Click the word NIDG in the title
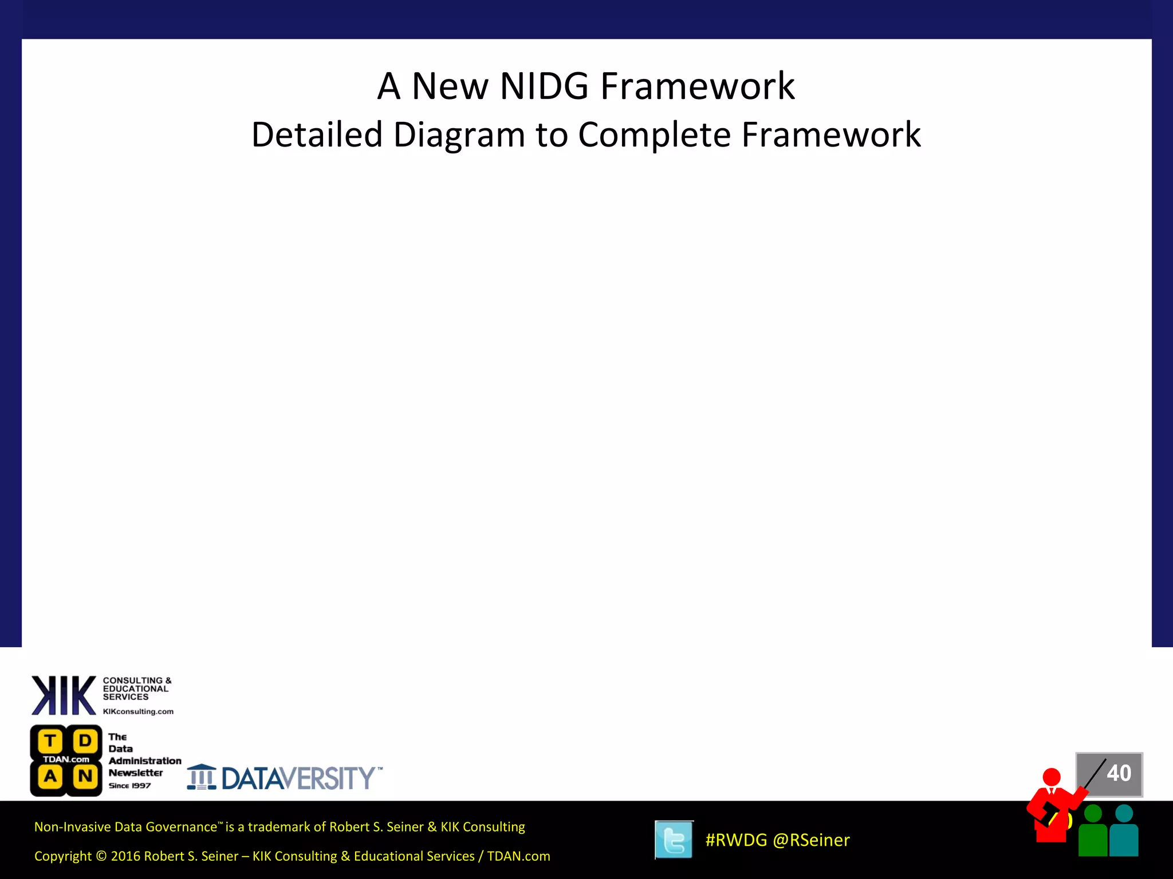(x=544, y=87)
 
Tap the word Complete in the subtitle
(x=654, y=135)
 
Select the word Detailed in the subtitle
(x=317, y=135)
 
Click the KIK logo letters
(x=63, y=695)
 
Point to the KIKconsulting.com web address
(x=138, y=712)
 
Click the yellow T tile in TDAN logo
(x=50, y=741)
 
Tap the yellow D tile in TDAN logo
(x=85, y=741)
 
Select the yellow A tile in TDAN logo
(x=50, y=777)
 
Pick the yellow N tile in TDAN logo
(x=85, y=777)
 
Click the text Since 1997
(x=130, y=786)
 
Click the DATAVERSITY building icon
(x=202, y=777)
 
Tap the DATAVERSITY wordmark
(x=299, y=778)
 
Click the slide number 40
(x=1119, y=774)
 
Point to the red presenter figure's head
(x=1052, y=777)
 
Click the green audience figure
(x=1093, y=833)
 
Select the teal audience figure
(x=1124, y=833)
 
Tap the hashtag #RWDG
(x=736, y=840)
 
